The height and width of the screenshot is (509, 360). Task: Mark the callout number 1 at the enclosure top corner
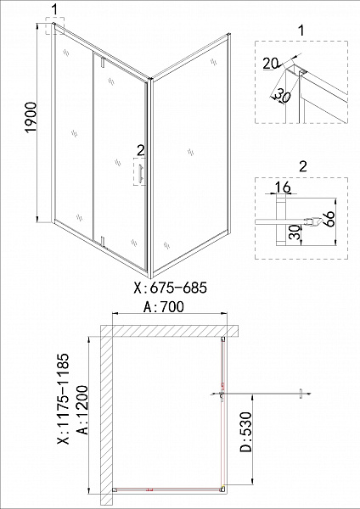click(x=54, y=9)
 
